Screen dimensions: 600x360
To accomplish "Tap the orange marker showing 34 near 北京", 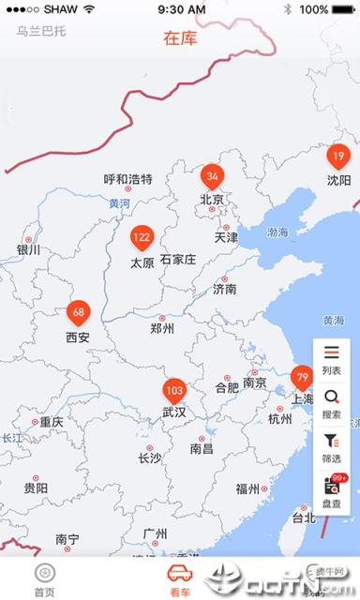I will (x=213, y=175).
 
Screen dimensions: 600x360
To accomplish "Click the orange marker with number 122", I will (x=142, y=237).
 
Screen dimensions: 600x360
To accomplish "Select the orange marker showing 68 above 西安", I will (x=78, y=312).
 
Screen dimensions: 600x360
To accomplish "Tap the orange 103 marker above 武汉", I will (x=174, y=390).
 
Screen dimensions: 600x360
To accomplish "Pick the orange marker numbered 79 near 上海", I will (x=302, y=378).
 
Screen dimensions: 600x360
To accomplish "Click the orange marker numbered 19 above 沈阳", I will (x=338, y=156).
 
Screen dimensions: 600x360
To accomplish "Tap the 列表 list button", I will (x=331, y=359).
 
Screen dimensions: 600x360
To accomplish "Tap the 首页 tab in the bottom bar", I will (x=44, y=579).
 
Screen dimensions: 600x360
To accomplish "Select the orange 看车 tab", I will (x=179, y=579).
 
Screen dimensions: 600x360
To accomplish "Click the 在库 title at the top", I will (x=180, y=38).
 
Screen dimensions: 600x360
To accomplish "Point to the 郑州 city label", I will (x=161, y=328).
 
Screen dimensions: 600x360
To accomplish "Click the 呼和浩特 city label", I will (x=127, y=180).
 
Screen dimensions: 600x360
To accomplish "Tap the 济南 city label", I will (x=225, y=289).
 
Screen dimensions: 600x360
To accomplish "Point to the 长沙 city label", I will (x=150, y=458).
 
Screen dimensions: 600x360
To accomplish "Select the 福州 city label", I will (x=248, y=488).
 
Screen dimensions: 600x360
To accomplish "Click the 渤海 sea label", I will (x=277, y=232).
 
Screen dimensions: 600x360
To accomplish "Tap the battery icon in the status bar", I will (x=342, y=9).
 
